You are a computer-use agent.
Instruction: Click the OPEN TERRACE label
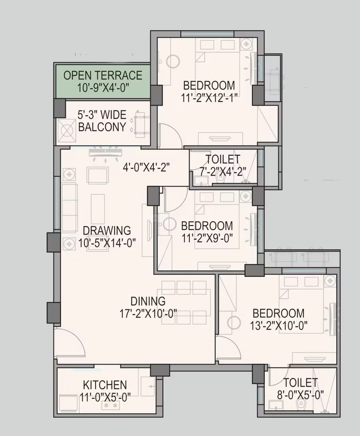pyautogui.click(x=103, y=76)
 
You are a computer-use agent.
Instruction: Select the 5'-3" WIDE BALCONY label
pyautogui.click(x=102, y=121)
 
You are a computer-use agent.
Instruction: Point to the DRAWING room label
pyautogui.click(x=107, y=231)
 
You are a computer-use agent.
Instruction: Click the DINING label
pyautogui.click(x=148, y=301)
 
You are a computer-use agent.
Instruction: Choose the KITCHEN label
pyautogui.click(x=105, y=385)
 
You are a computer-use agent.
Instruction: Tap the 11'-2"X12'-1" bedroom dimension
pyautogui.click(x=209, y=98)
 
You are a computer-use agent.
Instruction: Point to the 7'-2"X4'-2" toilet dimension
pyautogui.click(x=223, y=171)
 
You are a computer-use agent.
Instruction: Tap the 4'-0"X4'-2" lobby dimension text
pyautogui.click(x=146, y=168)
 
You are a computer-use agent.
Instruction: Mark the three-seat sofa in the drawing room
pyautogui.click(x=69, y=207)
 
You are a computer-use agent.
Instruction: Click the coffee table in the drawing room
pyautogui.click(x=98, y=209)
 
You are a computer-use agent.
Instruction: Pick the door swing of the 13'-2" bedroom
pyautogui.click(x=227, y=348)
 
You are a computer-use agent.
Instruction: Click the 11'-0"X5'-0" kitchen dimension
pyautogui.click(x=105, y=397)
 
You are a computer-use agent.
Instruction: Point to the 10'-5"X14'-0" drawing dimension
pyautogui.click(x=107, y=243)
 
